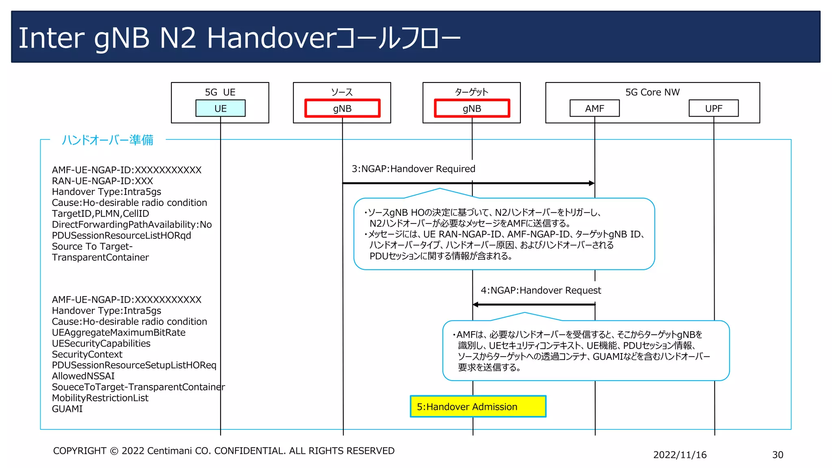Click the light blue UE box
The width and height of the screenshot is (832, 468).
coord(220,108)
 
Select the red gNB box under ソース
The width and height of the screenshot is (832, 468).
coord(342,108)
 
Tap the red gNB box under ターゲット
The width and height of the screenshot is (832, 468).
coord(472,108)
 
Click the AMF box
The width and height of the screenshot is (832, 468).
coord(594,108)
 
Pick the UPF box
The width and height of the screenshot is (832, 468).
coord(713,108)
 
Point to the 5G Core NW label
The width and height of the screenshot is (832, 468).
coord(652,92)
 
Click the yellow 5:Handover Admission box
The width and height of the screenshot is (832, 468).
coord(478,406)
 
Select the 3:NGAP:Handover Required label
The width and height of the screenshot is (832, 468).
coord(413,169)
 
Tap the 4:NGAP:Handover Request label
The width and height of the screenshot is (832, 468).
coord(540,290)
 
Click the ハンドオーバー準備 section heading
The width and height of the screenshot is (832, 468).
coord(107,140)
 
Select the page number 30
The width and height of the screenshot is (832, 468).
coord(777,455)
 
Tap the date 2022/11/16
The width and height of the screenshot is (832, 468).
coord(680,455)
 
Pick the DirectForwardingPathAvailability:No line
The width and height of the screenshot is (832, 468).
coord(132,225)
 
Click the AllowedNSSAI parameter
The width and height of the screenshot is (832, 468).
coord(83,376)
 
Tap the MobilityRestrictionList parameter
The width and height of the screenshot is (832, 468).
coord(100,398)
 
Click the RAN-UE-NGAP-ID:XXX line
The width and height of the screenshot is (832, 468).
coord(102,181)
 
